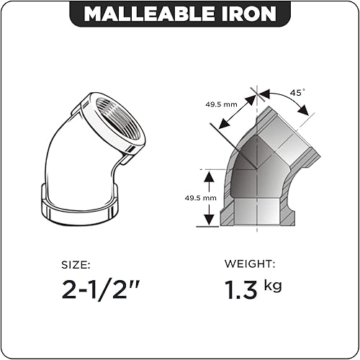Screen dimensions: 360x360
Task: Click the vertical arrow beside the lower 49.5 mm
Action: (x=207, y=197)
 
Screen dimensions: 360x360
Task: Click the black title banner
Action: (x=179, y=14)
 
